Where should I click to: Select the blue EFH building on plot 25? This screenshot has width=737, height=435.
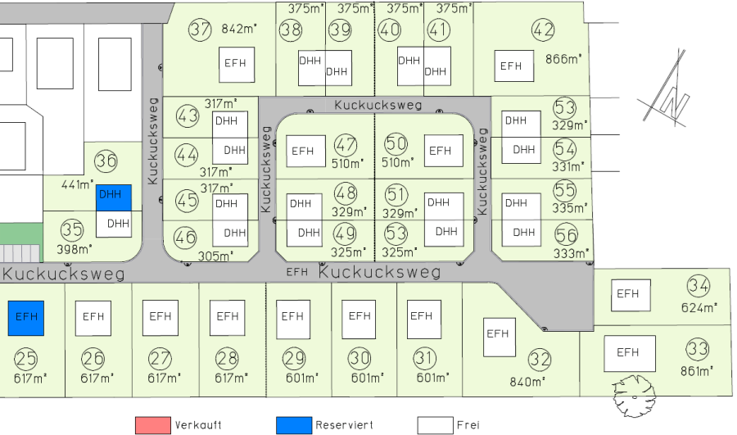point(26,318)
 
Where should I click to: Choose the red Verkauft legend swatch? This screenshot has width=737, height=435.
point(153,425)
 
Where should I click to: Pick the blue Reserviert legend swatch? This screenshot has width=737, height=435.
point(294,425)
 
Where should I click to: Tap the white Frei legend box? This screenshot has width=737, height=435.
point(435,425)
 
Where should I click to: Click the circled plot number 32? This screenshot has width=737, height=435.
point(540,359)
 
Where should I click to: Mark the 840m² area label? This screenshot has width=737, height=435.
point(528,382)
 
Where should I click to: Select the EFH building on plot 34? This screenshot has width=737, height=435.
point(629,295)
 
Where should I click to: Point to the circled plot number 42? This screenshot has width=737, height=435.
point(544,30)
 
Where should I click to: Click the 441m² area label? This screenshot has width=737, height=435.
point(74,184)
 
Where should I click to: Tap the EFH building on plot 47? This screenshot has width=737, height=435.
point(305,152)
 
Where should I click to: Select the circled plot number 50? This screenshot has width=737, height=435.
point(396,144)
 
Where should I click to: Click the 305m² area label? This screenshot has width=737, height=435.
point(215,256)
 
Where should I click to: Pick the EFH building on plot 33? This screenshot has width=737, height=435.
point(629,353)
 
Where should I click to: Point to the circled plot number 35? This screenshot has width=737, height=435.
point(72,229)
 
